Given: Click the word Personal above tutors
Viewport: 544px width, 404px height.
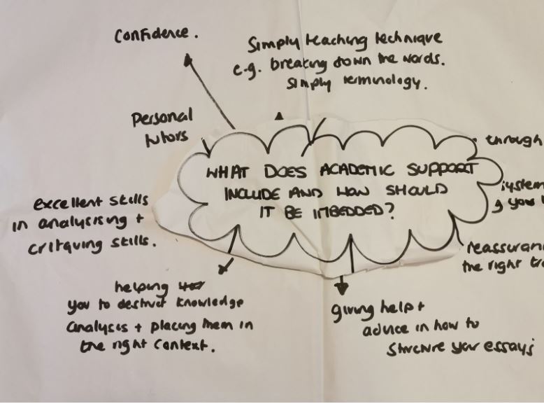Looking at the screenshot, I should [162, 117].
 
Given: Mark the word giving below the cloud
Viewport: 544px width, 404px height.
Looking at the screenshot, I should [350, 308].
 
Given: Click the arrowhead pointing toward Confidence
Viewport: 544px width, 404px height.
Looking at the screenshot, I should [187, 61].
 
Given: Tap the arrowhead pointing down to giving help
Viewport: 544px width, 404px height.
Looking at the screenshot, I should [342, 288].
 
